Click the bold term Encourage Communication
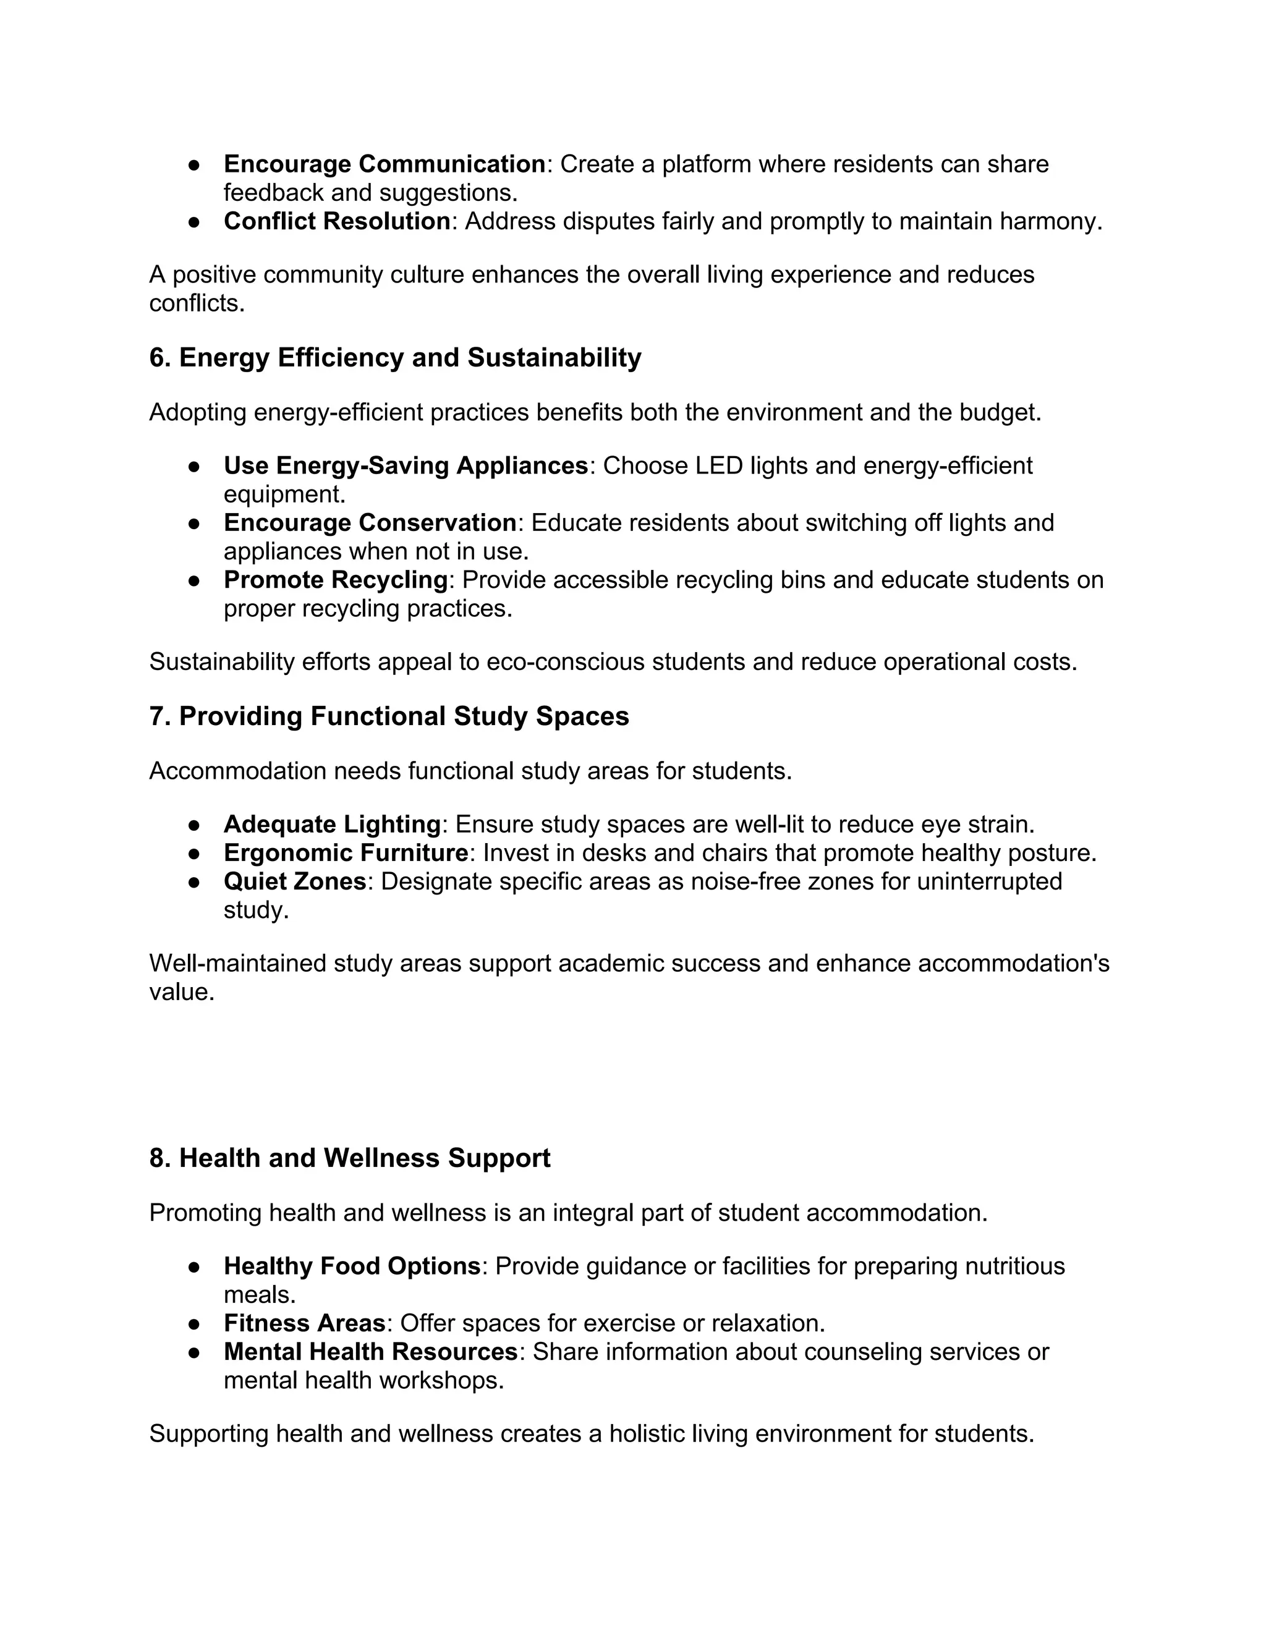pos(384,164)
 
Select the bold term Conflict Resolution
pos(337,221)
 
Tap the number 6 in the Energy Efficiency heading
pos(156,358)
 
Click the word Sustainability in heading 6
pos(554,358)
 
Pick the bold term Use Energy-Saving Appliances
pos(406,466)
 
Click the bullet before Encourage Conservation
pos(193,524)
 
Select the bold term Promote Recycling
pos(335,580)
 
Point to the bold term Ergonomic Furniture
pos(346,853)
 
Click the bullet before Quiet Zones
pos(193,882)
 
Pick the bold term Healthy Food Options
pos(352,1266)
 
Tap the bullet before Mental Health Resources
pos(193,1352)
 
